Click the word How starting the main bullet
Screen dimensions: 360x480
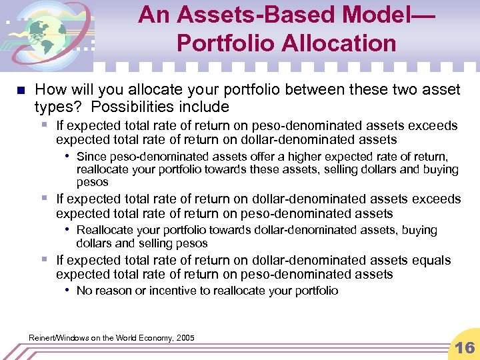(x=49, y=89)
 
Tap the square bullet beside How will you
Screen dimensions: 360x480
(x=21, y=90)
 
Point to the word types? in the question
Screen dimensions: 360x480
(x=58, y=107)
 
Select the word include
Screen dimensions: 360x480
(x=207, y=107)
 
